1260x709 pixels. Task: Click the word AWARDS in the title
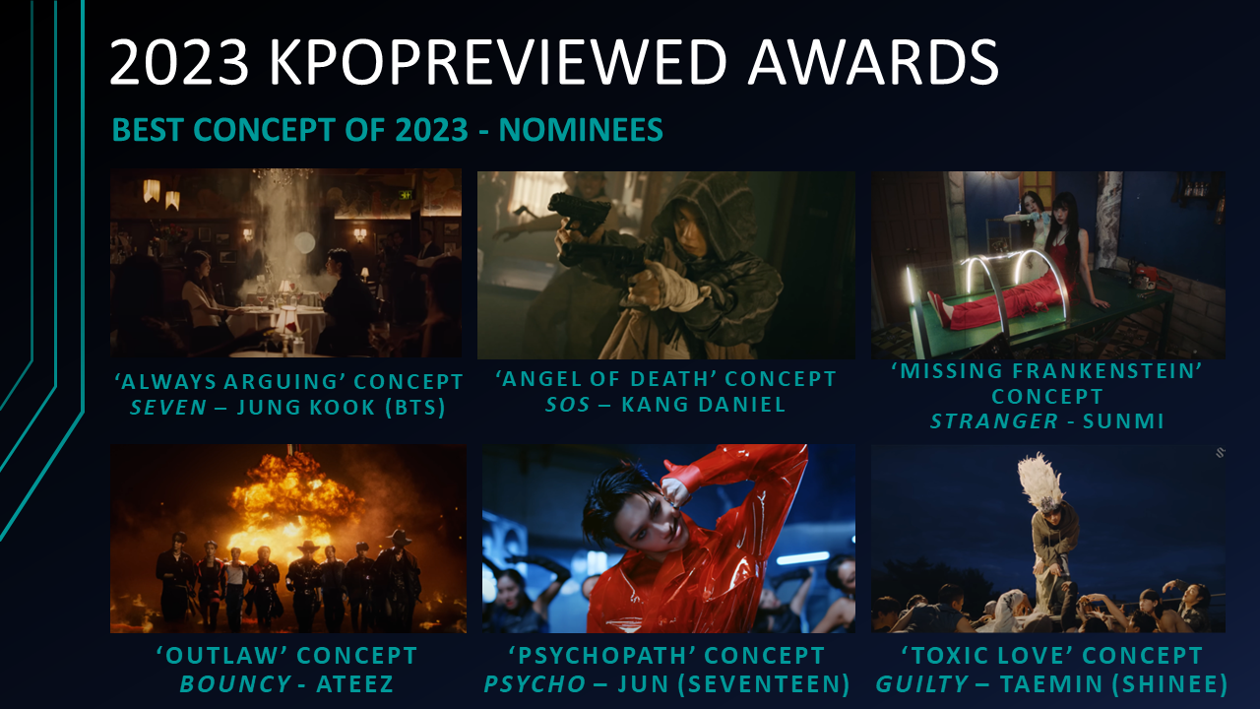pos(873,61)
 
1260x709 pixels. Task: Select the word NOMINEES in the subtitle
pos(581,130)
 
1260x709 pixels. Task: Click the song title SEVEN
pos(168,408)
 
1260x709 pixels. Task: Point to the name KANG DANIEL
pos(703,405)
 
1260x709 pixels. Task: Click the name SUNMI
pos(1123,421)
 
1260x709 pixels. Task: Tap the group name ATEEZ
pos(355,684)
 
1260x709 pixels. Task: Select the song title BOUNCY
pos(234,684)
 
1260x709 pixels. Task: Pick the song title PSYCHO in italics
pos(535,684)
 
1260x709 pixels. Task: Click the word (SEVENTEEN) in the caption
pos(764,684)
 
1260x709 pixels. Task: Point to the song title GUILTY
pos(921,684)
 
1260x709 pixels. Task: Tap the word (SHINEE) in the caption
pos(1170,684)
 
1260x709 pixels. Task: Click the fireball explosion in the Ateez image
pos(292,501)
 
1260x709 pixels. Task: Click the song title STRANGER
pos(994,421)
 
